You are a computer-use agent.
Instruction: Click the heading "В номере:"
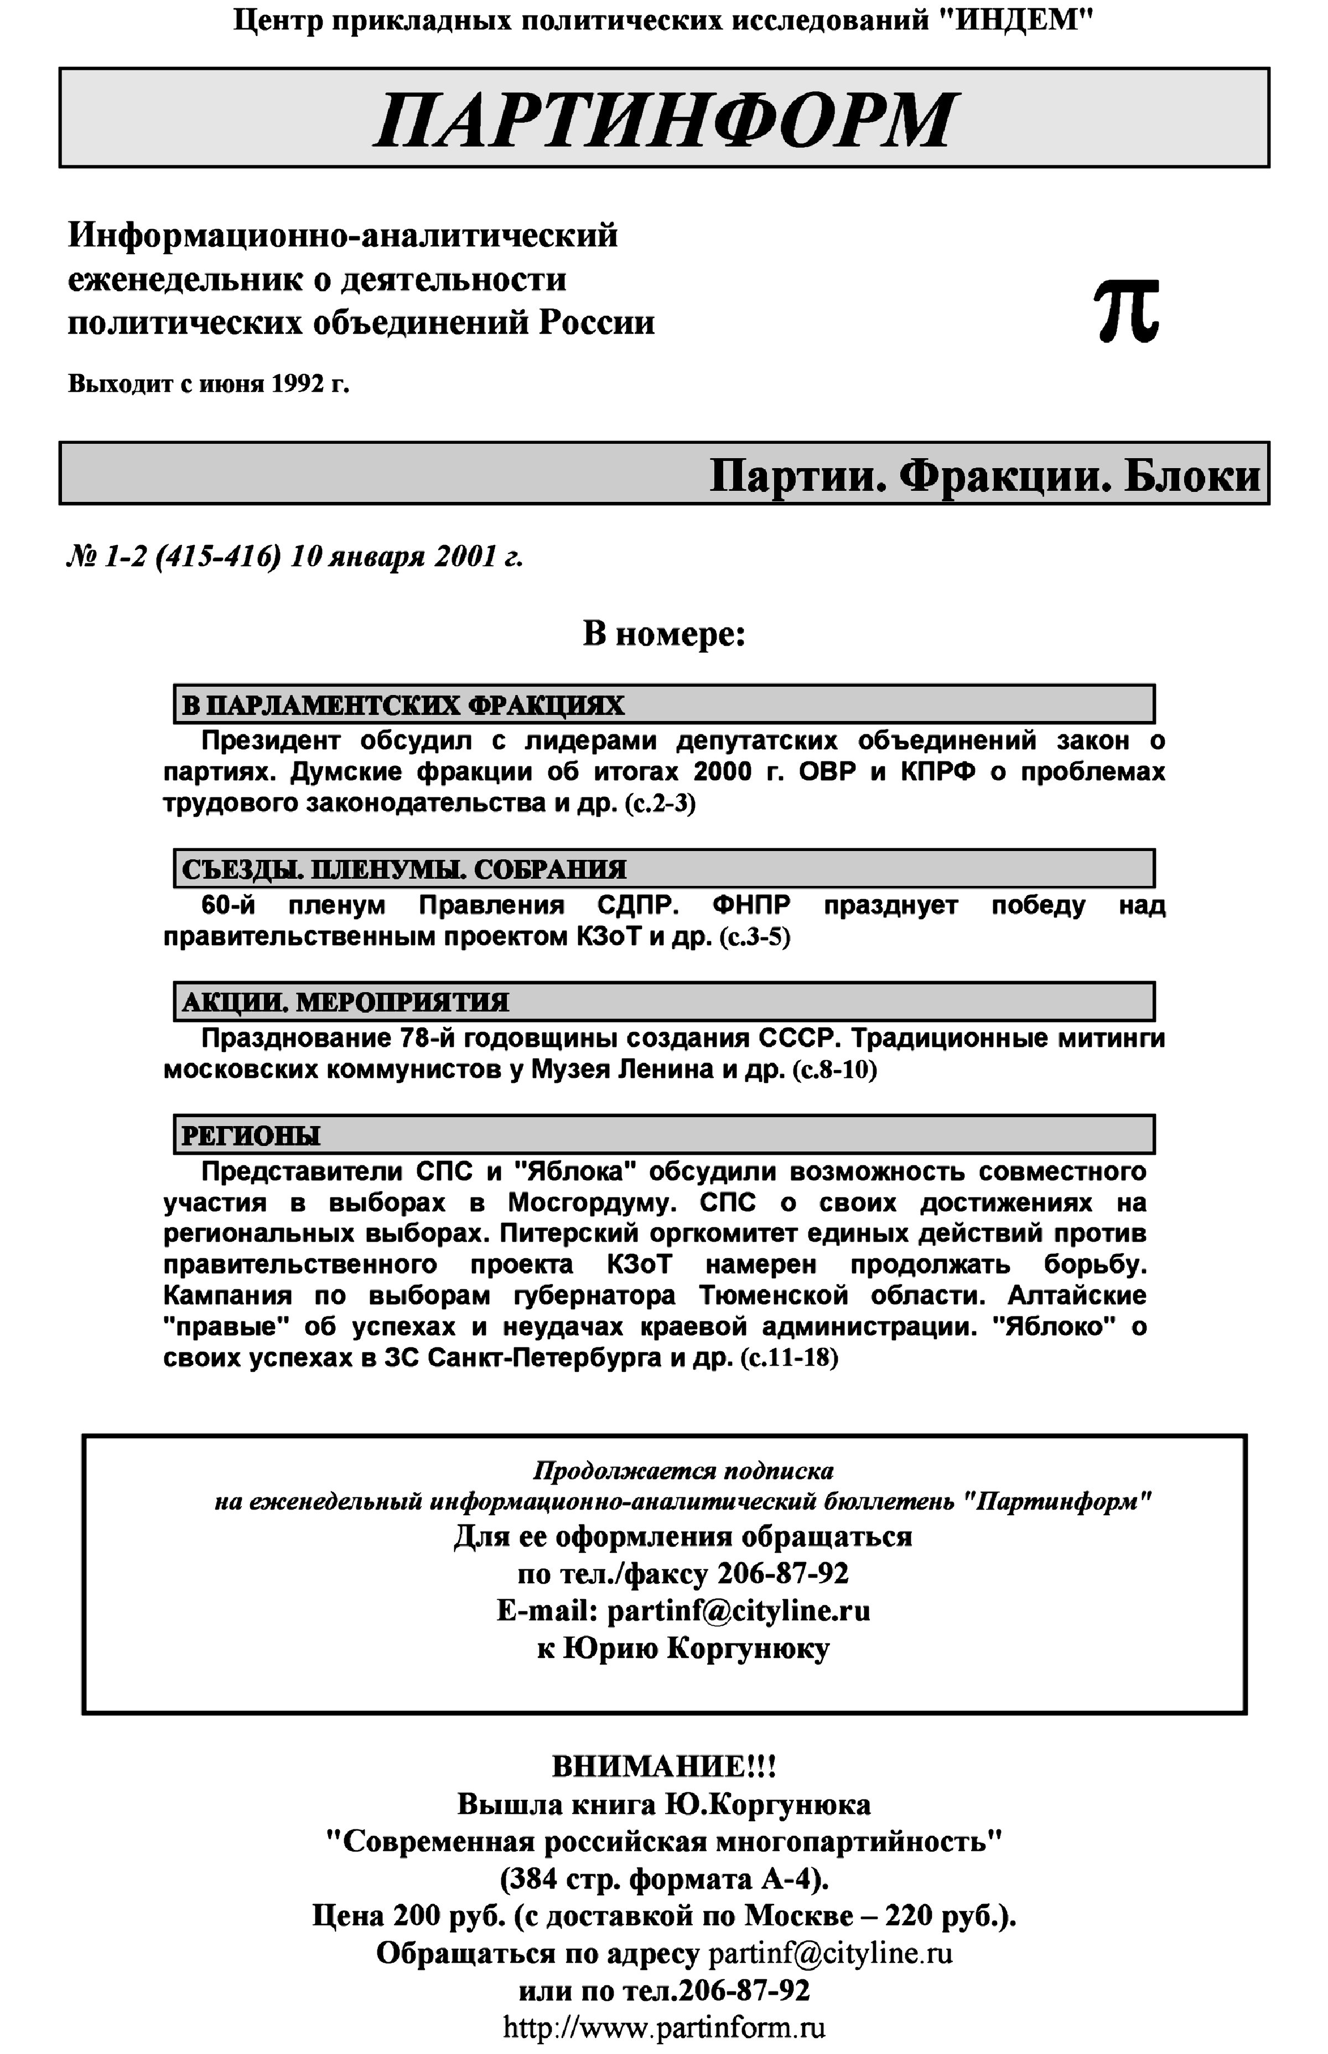point(664,635)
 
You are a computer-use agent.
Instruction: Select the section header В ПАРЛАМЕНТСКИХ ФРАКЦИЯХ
point(403,706)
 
